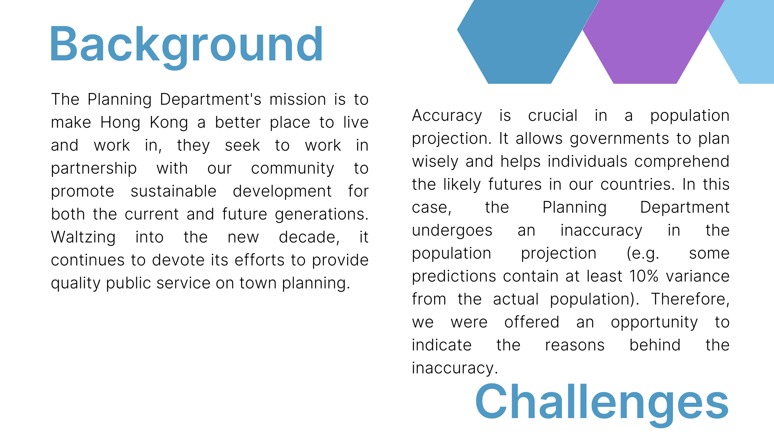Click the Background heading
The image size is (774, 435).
tap(186, 45)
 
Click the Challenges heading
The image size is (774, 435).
tap(602, 403)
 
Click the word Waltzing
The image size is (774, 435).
tap(83, 237)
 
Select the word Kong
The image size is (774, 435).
tap(169, 122)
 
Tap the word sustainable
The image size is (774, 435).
tap(174, 191)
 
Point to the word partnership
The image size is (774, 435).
tap(94, 169)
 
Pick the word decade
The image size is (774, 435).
tap(309, 237)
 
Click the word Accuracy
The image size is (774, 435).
tap(447, 116)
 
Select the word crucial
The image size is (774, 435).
tap(553, 116)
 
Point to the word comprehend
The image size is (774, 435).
tap(682, 162)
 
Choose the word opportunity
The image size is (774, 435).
tap(654, 323)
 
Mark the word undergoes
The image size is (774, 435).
tap(452, 231)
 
